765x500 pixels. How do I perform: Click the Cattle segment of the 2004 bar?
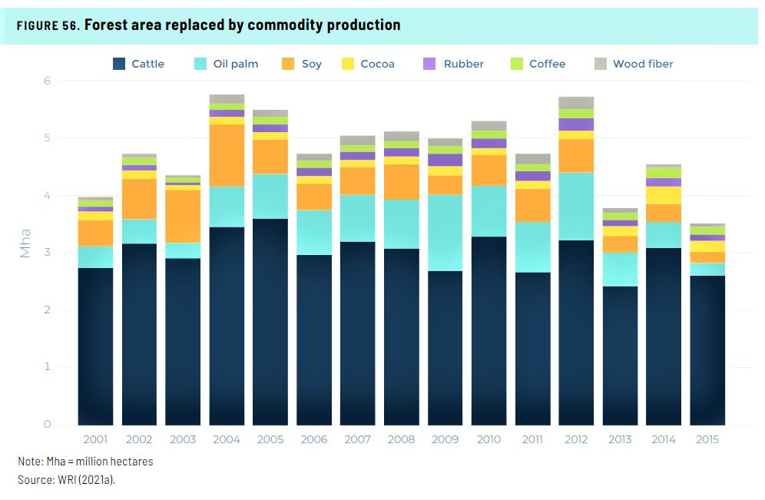[227, 326]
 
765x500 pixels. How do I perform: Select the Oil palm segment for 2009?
[445, 233]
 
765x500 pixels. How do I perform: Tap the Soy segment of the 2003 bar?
[183, 216]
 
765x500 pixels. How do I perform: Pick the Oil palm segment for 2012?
[576, 206]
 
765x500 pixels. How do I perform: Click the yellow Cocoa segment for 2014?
[664, 195]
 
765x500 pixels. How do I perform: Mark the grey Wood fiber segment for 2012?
[576, 102]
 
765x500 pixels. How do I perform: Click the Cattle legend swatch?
[119, 64]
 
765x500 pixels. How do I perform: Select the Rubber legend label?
[463, 64]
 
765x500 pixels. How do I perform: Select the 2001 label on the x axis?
[96, 439]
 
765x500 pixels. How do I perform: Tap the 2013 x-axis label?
[620, 439]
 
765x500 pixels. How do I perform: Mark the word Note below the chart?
[29, 462]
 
